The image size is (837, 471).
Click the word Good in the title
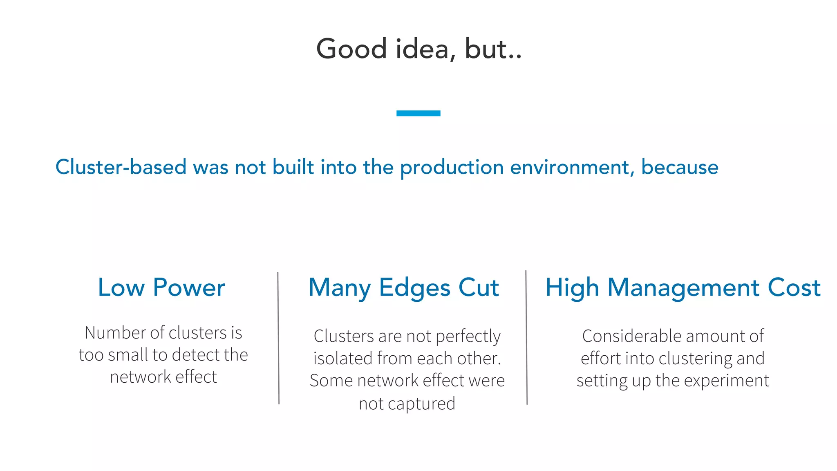351,49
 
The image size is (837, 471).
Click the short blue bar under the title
418,113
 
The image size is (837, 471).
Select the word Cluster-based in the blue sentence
121,167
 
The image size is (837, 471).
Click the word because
679,167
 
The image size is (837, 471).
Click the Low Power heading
161,287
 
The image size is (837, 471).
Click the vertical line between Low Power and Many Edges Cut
278,338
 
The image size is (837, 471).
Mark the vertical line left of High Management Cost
526,337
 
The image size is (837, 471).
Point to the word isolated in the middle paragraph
343,359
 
